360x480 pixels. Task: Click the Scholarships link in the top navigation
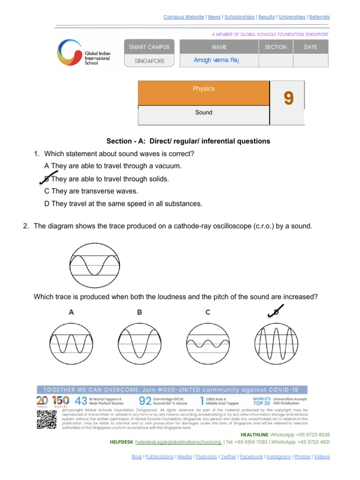tap(239, 17)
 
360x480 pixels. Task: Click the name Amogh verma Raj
tap(217, 60)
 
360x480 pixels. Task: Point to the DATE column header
tap(310, 47)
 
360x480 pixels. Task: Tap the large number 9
tap(288, 98)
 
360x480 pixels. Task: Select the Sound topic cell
tap(203, 112)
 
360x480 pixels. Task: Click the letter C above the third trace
tap(208, 312)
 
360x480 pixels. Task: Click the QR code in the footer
tap(47, 419)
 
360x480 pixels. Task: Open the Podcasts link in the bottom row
tap(206, 457)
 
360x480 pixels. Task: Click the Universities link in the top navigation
tap(292, 17)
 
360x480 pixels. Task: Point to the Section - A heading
tap(188, 141)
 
